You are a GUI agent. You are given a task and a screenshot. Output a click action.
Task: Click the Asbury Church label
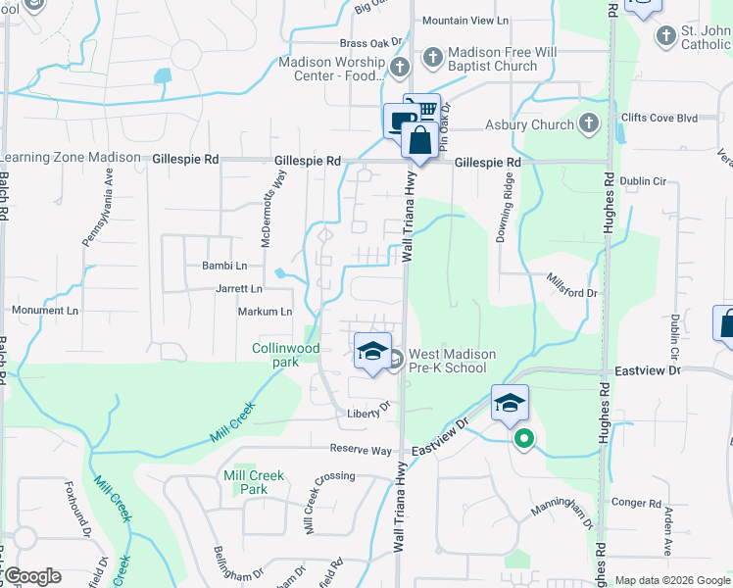[x=530, y=124]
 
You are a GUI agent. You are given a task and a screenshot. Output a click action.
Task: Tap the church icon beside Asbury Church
[x=588, y=123]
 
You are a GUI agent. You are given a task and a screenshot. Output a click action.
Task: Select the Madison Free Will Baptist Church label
[x=493, y=60]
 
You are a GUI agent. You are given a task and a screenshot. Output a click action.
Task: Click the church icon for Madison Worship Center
[x=399, y=68]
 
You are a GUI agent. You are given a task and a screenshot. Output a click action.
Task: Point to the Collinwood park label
[x=286, y=354]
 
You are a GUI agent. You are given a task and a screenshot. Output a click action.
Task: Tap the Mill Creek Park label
[x=254, y=482]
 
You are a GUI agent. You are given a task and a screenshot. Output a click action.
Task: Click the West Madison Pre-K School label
[x=452, y=361]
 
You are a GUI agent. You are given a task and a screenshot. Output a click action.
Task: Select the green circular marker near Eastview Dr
[x=524, y=439]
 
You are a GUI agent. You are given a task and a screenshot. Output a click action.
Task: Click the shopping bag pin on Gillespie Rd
[x=419, y=141]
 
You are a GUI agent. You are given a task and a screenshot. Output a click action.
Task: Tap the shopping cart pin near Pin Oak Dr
[x=422, y=107]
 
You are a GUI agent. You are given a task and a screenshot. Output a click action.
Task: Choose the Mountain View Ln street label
[x=466, y=20]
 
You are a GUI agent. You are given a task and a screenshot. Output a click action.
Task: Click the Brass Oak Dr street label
[x=371, y=43]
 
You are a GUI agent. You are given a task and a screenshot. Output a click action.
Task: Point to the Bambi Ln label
[x=224, y=266]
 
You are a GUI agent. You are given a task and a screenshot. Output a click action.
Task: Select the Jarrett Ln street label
[x=239, y=289]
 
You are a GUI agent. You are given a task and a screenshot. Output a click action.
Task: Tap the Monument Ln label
[x=44, y=310]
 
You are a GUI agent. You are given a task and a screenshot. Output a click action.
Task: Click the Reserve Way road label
[x=361, y=450]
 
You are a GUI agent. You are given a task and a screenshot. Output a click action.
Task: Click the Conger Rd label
[x=636, y=503]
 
